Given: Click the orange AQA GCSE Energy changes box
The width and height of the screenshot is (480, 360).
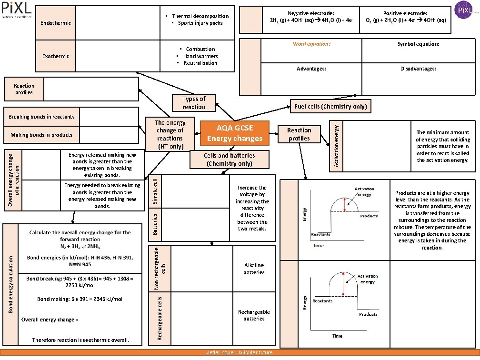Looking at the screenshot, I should point(234,133).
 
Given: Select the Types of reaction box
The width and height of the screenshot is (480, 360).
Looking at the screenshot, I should point(194,103).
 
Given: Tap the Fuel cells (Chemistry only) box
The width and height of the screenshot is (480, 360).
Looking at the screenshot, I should point(330,106).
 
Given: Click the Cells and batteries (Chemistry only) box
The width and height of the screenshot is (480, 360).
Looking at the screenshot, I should point(229,160).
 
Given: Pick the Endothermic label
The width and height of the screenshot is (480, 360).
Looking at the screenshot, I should point(56,23).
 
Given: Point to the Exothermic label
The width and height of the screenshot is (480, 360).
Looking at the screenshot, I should point(56,56).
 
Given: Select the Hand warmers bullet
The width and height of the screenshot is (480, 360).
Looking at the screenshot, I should point(200,56).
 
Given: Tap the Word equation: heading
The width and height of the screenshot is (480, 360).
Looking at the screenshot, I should point(311,44).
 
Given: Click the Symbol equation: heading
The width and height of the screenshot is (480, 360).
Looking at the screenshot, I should point(418,44).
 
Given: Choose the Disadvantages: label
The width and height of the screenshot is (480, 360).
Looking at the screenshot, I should point(418,69).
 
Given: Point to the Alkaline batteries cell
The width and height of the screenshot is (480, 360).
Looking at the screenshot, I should point(254,269).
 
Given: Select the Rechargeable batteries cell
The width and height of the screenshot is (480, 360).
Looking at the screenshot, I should point(254,315).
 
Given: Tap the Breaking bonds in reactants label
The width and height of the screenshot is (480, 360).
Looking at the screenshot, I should point(42,117).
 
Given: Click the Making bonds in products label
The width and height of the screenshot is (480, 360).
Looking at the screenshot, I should point(42,135).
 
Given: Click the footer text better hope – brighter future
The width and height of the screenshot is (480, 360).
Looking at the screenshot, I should point(239,352).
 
